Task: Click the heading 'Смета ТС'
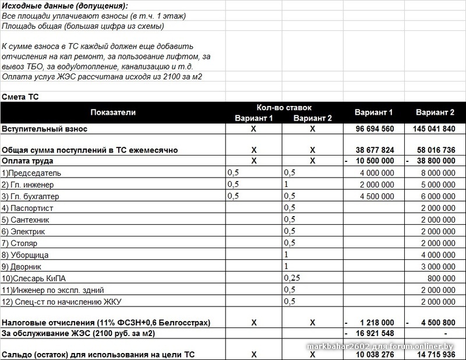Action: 21,97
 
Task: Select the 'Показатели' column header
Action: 112,112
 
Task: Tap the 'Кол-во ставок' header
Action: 284,108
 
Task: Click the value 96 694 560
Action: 373,129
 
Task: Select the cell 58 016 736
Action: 435,150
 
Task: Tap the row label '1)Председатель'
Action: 31,173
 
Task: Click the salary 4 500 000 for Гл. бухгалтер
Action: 377,196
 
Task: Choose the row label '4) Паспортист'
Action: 29,208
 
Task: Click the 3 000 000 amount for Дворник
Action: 437,266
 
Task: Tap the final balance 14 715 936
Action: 435,354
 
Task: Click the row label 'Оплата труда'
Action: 27,161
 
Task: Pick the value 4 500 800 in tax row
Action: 437,322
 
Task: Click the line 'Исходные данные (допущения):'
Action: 64,6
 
